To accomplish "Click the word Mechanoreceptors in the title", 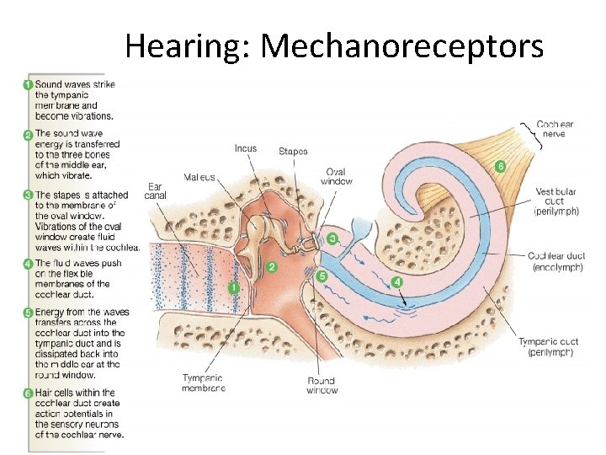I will [401, 46].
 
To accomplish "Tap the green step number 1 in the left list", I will [28, 85].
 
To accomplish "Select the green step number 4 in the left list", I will [28, 264].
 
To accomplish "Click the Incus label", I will [245, 148].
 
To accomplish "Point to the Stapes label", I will [293, 152].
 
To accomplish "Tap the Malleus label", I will [199, 177].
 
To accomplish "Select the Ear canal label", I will [154, 191].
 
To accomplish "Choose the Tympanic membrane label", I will [203, 383].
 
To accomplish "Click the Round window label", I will [322, 385].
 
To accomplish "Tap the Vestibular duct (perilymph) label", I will [556, 201].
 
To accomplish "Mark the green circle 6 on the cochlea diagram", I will [500, 166].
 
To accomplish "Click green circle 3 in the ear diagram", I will [332, 239].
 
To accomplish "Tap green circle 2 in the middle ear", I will [271, 267].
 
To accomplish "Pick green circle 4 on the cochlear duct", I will [396, 281].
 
